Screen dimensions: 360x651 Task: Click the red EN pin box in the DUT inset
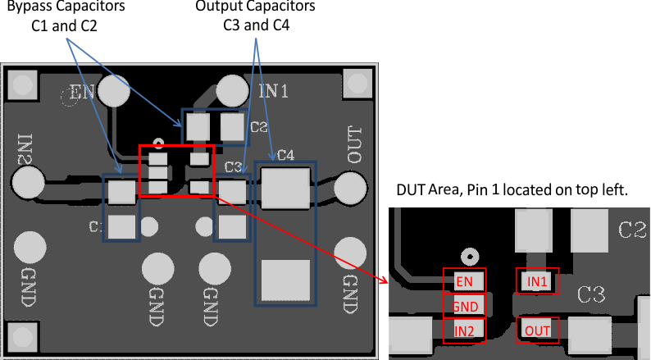click(464, 281)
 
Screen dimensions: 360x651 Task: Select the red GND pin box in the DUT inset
click(464, 306)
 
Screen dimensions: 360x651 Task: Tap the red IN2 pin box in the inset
click(464, 330)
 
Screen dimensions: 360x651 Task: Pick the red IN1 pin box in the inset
click(537, 281)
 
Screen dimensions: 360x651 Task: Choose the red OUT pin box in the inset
click(537, 330)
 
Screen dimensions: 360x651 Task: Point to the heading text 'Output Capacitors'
click(255, 7)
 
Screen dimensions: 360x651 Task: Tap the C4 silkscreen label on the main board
click(285, 154)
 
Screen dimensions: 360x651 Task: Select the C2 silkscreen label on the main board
click(259, 127)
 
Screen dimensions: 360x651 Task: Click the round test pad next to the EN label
click(116, 92)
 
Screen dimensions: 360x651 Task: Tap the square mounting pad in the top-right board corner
click(357, 83)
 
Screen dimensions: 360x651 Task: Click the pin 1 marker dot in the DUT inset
click(469, 254)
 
